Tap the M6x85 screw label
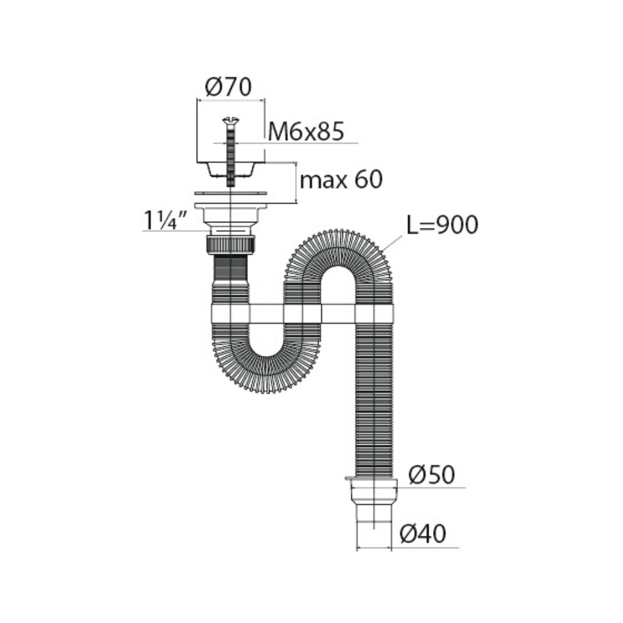306,131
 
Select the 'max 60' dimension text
341,181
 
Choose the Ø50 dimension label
432,476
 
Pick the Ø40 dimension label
423,535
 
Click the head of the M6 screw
231,120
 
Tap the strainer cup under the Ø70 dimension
231,168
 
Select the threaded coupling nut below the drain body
231,243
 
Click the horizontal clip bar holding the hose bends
302,313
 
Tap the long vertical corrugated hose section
374,405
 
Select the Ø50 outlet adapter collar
374,492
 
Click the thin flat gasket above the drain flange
231,193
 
